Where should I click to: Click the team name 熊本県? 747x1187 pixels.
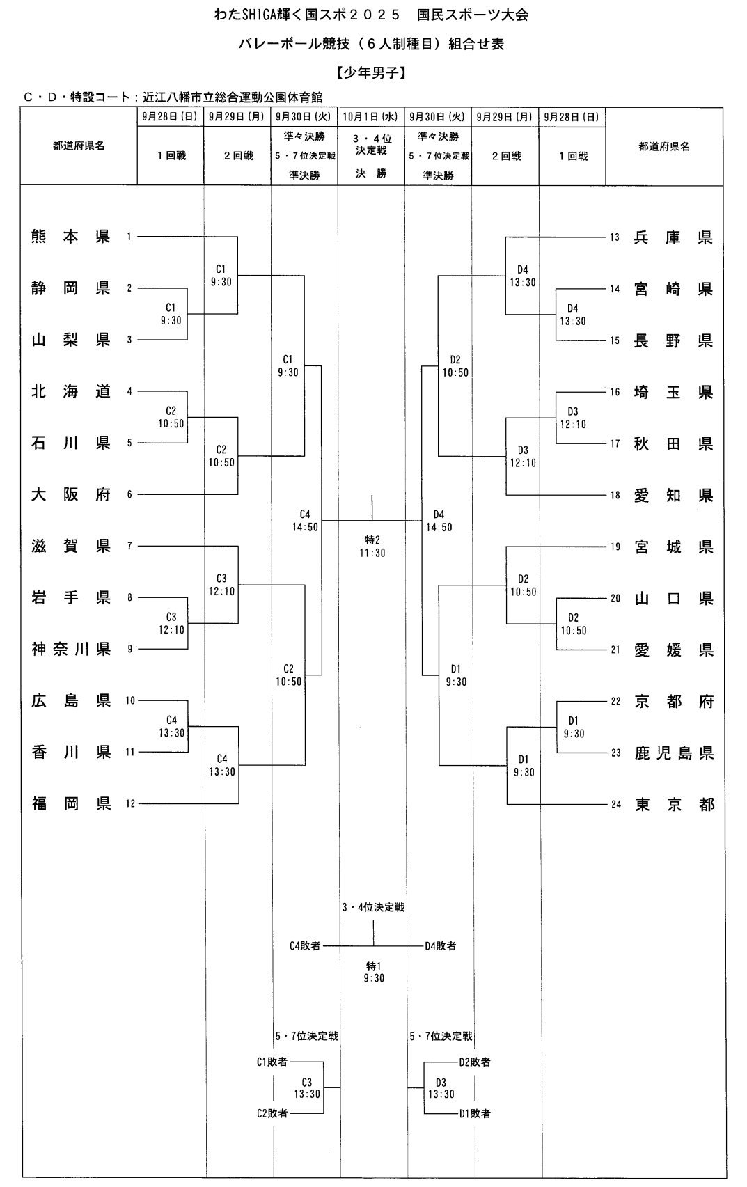point(71,237)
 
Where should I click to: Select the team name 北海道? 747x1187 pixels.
point(71,391)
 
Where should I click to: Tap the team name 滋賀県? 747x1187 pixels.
point(71,546)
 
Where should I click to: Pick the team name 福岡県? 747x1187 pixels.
point(71,803)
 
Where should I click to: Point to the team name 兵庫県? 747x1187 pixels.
point(673,237)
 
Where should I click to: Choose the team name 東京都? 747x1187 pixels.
point(674,805)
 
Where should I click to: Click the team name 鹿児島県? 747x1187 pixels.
point(674,753)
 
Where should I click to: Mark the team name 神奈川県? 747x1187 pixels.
point(71,649)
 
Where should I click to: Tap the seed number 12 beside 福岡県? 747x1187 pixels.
point(130,804)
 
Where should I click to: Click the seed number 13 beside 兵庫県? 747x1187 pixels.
point(615,237)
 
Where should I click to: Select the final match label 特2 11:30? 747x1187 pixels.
point(372,547)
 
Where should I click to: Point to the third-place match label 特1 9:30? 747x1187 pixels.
point(373,972)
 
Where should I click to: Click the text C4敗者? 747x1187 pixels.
point(305,945)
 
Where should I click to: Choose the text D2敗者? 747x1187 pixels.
point(475,1062)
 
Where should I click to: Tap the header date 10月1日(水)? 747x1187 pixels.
point(371,117)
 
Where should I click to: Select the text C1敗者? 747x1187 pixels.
point(272,1062)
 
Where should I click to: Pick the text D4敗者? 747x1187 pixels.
point(441,945)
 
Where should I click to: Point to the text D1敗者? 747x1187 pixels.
point(475,1113)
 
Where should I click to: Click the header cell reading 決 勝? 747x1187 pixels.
point(371,173)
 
